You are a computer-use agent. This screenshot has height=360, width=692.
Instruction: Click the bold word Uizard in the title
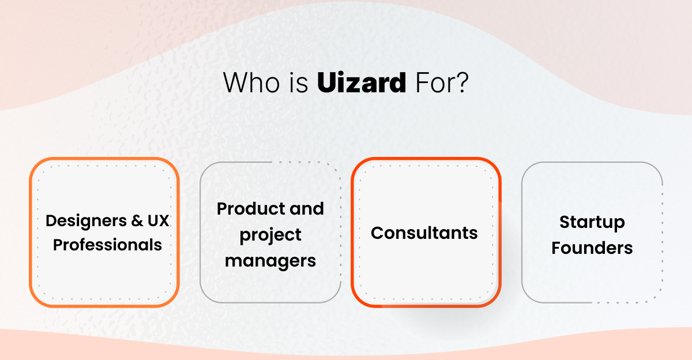point(362,84)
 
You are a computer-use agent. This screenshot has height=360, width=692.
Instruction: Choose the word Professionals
point(107,245)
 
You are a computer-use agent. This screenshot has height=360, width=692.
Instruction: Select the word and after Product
point(307,208)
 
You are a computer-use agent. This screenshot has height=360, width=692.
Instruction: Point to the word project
point(270,235)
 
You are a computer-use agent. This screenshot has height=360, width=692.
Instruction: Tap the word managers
point(270,261)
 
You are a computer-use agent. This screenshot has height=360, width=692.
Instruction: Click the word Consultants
point(424,233)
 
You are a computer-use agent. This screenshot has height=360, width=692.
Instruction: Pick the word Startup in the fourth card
point(592,222)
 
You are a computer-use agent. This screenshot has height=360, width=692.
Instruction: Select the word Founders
point(592,248)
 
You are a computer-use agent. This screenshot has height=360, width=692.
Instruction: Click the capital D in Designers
point(51,220)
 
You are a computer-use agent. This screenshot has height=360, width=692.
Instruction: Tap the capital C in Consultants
point(377,233)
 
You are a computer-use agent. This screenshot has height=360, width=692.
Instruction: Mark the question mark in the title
point(461,84)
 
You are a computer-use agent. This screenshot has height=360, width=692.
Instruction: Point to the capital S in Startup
point(565,222)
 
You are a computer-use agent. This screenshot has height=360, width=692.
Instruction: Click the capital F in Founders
point(556,248)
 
